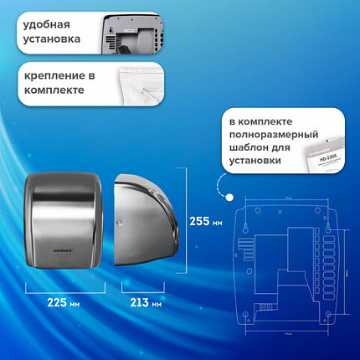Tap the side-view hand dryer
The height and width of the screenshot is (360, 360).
[147, 222]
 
